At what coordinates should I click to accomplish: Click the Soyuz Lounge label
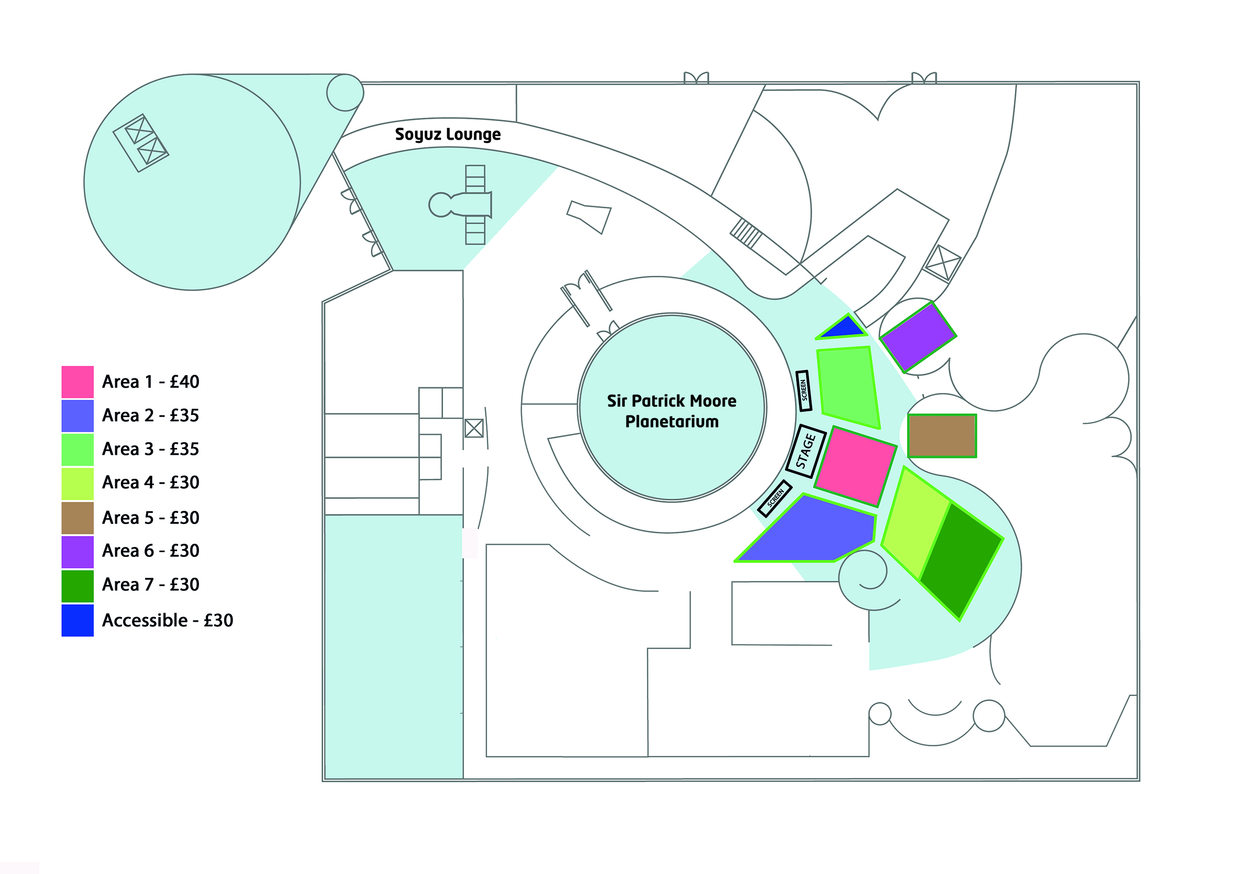pos(448,134)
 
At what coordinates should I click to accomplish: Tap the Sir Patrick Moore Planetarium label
pos(671,411)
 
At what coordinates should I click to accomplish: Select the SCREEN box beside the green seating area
pos(803,390)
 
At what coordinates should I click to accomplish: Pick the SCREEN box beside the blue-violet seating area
pos(775,498)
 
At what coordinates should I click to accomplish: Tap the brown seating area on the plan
pos(942,435)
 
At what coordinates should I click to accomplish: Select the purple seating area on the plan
pos(918,337)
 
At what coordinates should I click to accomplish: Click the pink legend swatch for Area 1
pos(78,382)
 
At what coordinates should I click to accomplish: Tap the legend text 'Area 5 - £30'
pos(150,518)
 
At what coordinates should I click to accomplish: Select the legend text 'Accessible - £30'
pos(168,620)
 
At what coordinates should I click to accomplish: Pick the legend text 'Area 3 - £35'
pos(150,449)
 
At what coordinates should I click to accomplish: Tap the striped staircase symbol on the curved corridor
pos(746,233)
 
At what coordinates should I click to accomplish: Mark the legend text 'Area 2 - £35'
pos(150,415)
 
